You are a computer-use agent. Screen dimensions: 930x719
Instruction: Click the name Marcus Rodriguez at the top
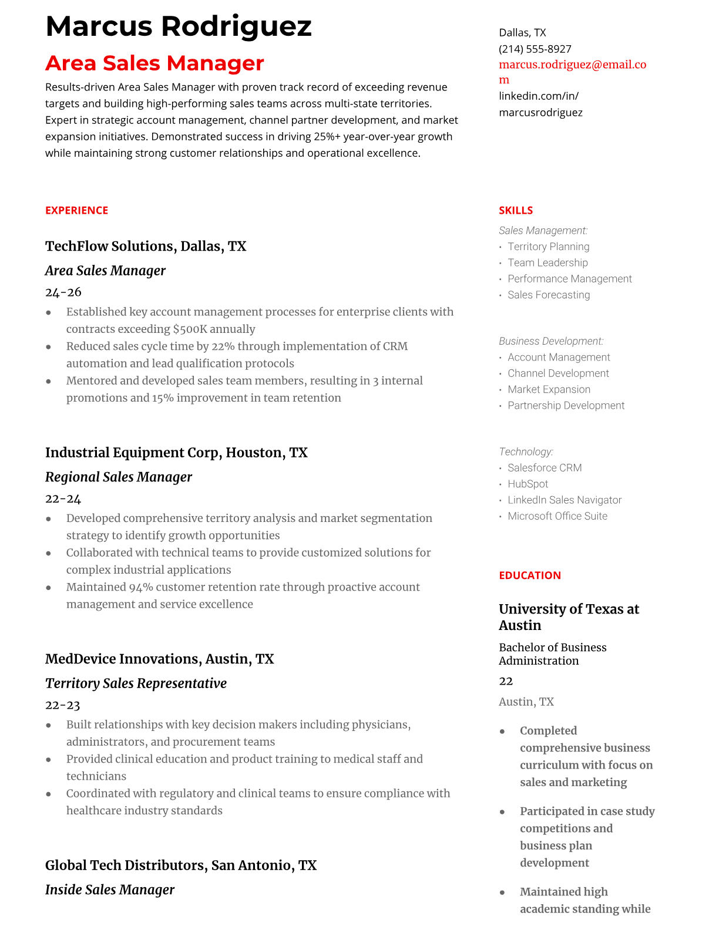click(x=178, y=26)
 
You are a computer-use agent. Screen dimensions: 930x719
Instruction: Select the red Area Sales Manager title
click(x=154, y=63)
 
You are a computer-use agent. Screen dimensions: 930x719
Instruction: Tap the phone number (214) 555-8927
click(x=535, y=49)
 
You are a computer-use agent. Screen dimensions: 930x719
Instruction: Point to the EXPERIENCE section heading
click(x=76, y=210)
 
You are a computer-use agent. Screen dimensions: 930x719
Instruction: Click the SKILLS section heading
click(x=515, y=210)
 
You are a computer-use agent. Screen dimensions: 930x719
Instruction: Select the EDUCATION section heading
click(x=529, y=575)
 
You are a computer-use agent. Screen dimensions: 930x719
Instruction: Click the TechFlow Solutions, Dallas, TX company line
click(x=146, y=246)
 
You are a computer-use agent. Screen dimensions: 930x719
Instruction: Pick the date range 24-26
click(x=63, y=292)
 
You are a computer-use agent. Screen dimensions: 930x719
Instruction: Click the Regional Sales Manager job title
click(x=118, y=477)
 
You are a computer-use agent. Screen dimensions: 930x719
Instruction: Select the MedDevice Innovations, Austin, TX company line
click(x=159, y=659)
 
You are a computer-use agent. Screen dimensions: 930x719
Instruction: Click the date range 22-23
click(x=62, y=705)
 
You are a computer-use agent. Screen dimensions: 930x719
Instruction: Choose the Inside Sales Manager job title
click(x=109, y=889)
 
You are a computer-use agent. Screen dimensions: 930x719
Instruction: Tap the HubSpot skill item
click(x=528, y=484)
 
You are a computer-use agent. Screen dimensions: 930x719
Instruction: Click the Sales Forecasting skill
click(x=548, y=295)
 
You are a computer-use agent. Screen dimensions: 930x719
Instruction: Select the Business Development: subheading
click(x=550, y=341)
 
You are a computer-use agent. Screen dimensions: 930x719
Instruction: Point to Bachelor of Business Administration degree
click(x=552, y=653)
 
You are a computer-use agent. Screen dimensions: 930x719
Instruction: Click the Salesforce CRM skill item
click(x=544, y=468)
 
